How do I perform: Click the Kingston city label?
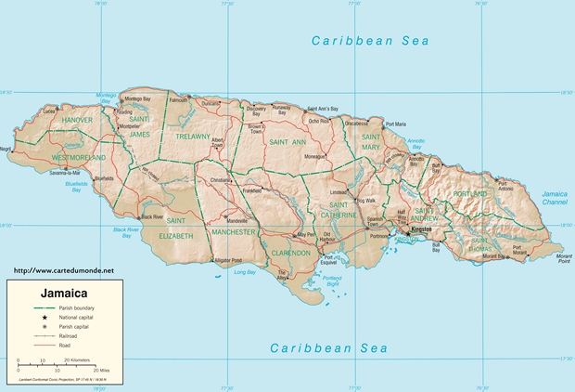coord(422,227)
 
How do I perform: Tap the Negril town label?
coord(6,149)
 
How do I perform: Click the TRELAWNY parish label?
coord(194,137)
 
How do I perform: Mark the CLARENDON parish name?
coord(290,252)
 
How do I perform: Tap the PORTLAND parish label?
coord(469,193)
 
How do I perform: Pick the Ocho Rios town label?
coord(318,120)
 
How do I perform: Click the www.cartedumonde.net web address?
coord(63,269)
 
